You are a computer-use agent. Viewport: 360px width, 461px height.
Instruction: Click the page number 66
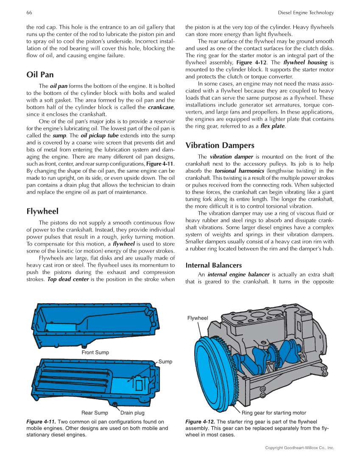click(x=29, y=12)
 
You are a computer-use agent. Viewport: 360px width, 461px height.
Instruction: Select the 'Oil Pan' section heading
click(x=40, y=75)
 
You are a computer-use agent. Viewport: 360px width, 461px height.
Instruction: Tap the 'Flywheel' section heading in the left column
click(x=42, y=211)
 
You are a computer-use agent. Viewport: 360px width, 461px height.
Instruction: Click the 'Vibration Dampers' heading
click(x=220, y=145)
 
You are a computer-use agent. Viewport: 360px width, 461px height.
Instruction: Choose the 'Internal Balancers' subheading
click(x=214, y=265)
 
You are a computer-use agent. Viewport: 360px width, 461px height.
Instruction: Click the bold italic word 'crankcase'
click(x=161, y=107)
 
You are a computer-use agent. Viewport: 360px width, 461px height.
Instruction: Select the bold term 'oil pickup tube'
click(x=99, y=135)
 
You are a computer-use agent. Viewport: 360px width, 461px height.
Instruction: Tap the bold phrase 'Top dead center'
click(x=68, y=279)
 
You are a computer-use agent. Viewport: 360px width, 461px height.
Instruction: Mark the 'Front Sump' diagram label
click(x=95, y=352)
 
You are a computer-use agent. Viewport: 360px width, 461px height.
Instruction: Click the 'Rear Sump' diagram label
click(x=95, y=413)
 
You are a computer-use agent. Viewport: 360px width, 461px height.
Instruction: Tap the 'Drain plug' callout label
click(x=132, y=413)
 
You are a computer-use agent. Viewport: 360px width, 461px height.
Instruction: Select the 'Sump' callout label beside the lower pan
click(x=165, y=362)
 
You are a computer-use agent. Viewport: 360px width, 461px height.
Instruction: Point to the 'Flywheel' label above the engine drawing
click(x=198, y=318)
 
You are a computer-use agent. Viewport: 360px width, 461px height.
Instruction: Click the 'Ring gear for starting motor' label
click(x=273, y=413)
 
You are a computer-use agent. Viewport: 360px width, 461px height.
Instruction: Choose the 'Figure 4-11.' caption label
click(x=41, y=422)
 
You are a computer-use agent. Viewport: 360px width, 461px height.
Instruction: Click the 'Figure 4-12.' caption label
click(x=200, y=422)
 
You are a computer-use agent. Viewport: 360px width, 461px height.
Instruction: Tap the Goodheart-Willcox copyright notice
click(x=299, y=448)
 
